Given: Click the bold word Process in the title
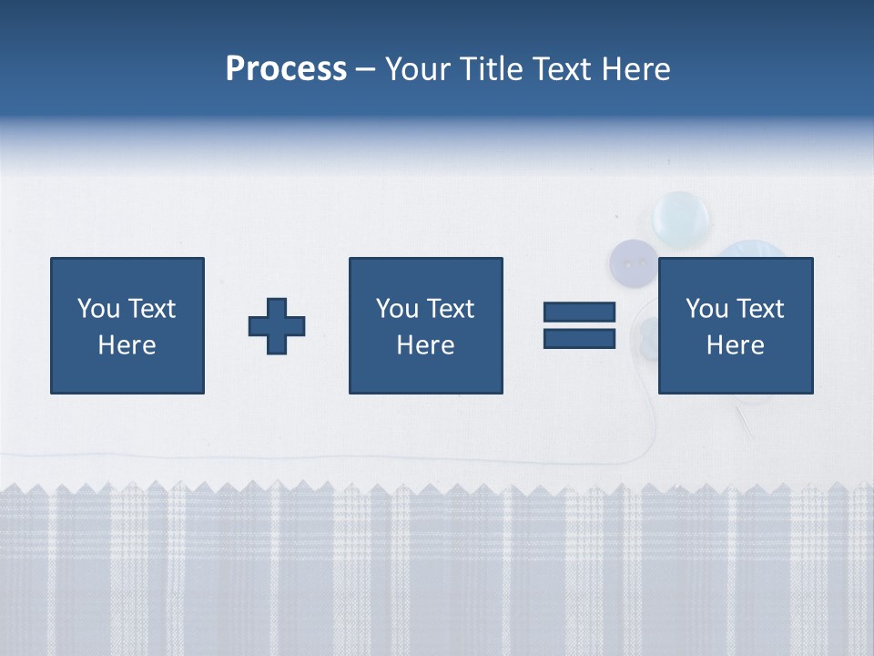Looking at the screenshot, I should pyautogui.click(x=286, y=69).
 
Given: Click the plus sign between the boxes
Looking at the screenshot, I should pyautogui.click(x=277, y=326).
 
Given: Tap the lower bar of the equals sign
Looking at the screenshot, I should pyautogui.click(x=579, y=338).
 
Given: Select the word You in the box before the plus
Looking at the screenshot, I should pyautogui.click(x=98, y=309).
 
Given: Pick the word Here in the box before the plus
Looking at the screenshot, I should pyautogui.click(x=127, y=345).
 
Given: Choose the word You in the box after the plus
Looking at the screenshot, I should pyautogui.click(x=397, y=309).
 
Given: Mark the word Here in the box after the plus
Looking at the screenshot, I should pyautogui.click(x=425, y=345).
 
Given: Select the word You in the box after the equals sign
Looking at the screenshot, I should pyautogui.click(x=706, y=309).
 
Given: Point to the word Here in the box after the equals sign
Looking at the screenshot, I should pyautogui.click(x=735, y=345).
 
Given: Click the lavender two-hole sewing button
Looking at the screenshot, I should pyautogui.click(x=632, y=262).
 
